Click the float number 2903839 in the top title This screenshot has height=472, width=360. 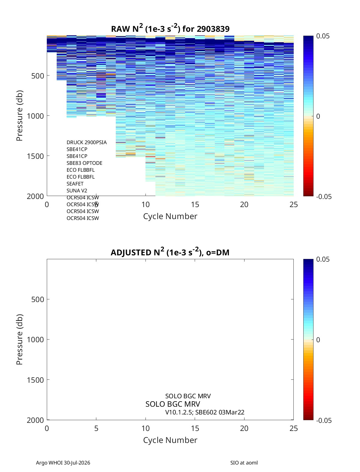tap(213, 29)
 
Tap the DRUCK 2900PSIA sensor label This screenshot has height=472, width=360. tap(86, 142)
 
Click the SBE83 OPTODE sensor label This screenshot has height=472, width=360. tap(84, 163)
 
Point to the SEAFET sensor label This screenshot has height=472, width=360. tap(75, 184)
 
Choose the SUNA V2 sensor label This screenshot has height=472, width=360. tap(77, 191)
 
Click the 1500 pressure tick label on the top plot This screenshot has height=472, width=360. tap(35, 156)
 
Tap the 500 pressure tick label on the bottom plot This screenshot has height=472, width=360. tap(37, 299)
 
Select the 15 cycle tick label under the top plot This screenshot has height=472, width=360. tap(195, 204)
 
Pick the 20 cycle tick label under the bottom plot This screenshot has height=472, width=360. tap(244, 428)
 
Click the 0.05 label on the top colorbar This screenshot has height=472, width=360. tap(323, 36)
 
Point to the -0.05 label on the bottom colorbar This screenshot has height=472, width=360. tap(324, 420)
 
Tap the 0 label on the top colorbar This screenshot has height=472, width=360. tap(318, 116)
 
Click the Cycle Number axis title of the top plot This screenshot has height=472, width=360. tap(170, 216)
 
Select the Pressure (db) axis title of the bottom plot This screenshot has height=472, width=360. tap(19, 339)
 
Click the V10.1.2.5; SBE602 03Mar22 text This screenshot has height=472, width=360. tap(205, 412)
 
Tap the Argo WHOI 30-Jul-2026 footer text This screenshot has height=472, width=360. tap(63, 462)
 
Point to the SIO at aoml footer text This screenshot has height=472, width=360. tap(244, 462)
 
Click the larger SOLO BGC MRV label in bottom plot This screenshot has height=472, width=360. tap(173, 404)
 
